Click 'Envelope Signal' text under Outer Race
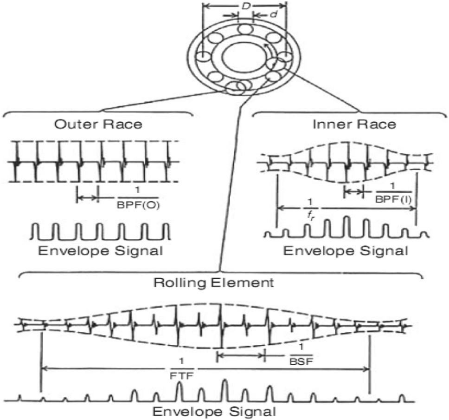pyautogui.click(x=100, y=251)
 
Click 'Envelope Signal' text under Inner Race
pyautogui.click(x=346, y=251)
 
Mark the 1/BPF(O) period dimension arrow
pyautogui.click(x=88, y=197)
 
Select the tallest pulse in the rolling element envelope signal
pyautogui.click(x=224, y=389)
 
